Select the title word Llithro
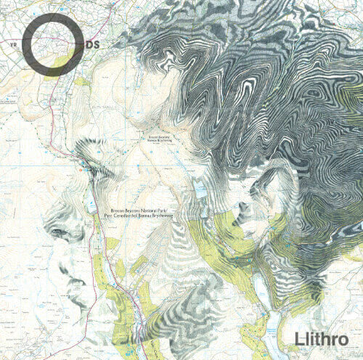click(322, 339)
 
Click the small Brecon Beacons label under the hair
click(158, 138)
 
